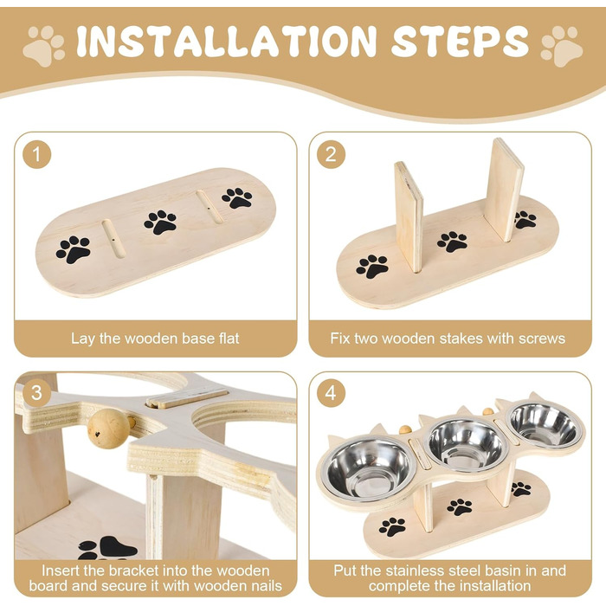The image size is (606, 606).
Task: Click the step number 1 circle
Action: (36, 154)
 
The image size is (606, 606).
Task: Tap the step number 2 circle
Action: (331, 154)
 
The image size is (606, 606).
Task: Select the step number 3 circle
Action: (36, 393)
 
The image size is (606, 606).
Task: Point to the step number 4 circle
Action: (331, 393)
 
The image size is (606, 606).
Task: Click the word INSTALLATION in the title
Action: (226, 41)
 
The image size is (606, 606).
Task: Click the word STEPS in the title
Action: (460, 41)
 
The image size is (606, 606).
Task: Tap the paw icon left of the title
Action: (43, 46)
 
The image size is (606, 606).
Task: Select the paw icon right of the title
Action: (561, 46)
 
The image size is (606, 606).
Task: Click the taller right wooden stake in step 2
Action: (504, 190)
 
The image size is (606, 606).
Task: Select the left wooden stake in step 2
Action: (409, 216)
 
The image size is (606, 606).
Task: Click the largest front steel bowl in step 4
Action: (368, 469)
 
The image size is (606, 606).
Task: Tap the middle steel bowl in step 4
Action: (467, 444)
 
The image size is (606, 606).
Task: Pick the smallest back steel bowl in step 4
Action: (545, 424)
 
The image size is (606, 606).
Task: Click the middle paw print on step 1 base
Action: (160, 222)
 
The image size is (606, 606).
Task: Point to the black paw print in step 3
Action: (107, 548)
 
